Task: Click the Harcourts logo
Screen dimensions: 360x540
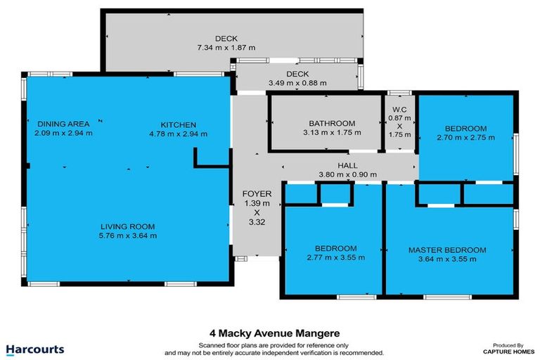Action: pos(35,349)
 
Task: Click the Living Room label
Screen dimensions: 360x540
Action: pos(127,226)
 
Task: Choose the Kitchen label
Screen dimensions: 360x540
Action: pos(172,124)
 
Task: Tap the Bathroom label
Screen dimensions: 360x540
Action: pos(332,123)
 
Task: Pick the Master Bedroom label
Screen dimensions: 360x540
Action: pos(447,250)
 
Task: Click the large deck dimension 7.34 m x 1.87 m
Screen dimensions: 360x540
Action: pos(226,47)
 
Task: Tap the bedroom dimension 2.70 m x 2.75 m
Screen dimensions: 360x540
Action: pos(465,137)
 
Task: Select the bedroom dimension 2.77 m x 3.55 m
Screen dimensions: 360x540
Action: pos(335,257)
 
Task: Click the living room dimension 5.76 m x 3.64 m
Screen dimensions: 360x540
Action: pos(127,235)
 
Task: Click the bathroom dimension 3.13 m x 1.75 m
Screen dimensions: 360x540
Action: pos(332,131)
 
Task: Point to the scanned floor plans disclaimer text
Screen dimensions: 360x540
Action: pos(274,348)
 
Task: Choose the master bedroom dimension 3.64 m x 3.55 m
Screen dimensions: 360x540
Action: pos(447,258)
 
